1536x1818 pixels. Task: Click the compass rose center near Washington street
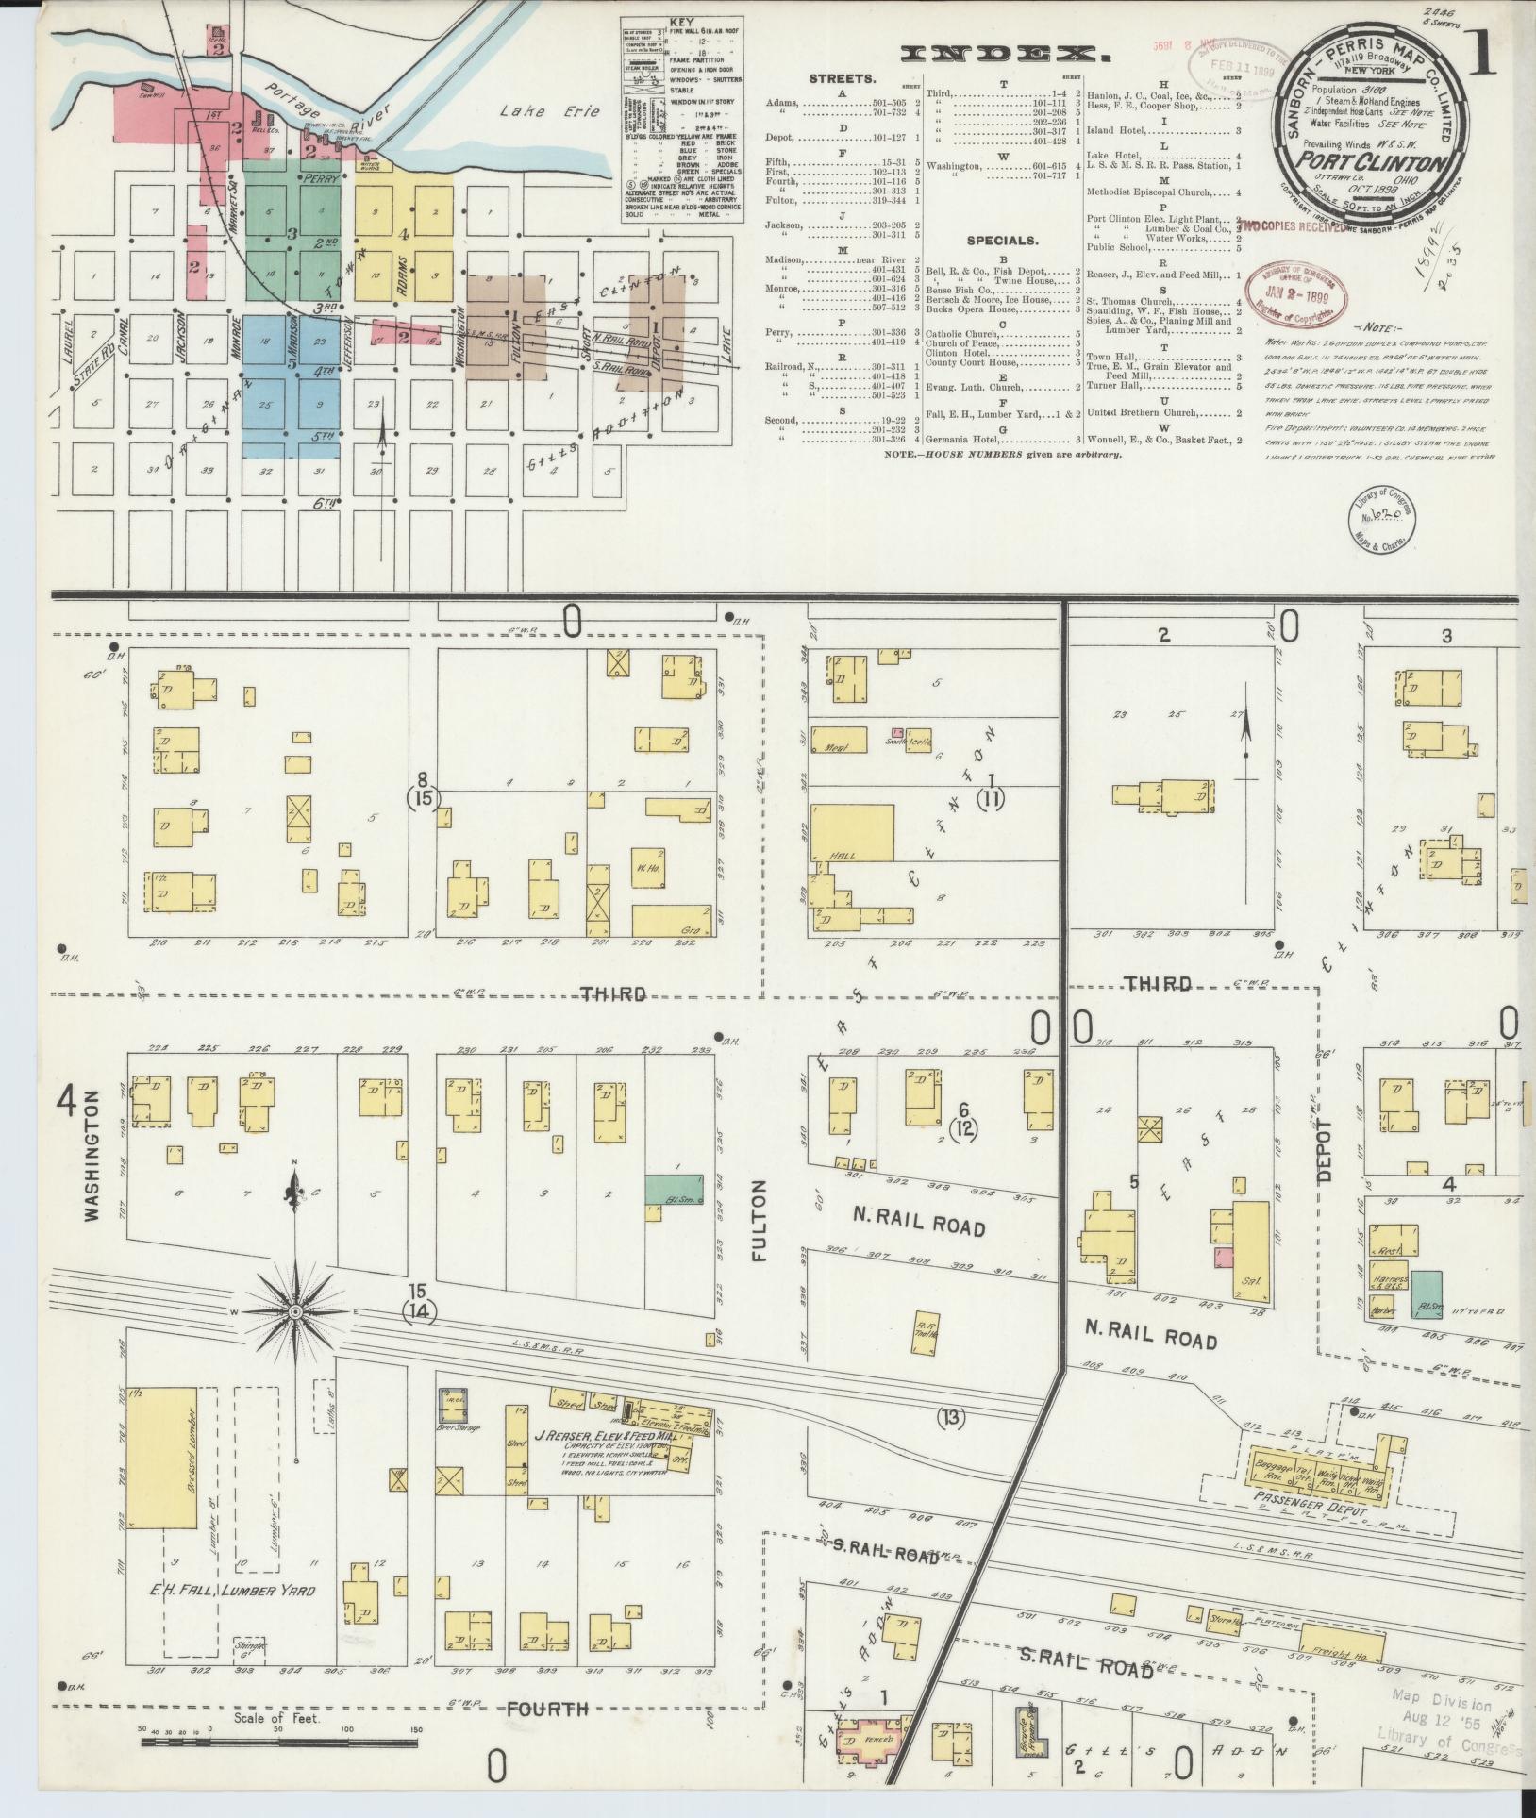(x=295, y=1311)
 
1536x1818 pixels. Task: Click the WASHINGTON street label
(x=92, y=1156)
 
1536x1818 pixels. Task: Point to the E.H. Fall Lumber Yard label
(x=232, y=1590)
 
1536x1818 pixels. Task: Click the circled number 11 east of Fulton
(x=991, y=798)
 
